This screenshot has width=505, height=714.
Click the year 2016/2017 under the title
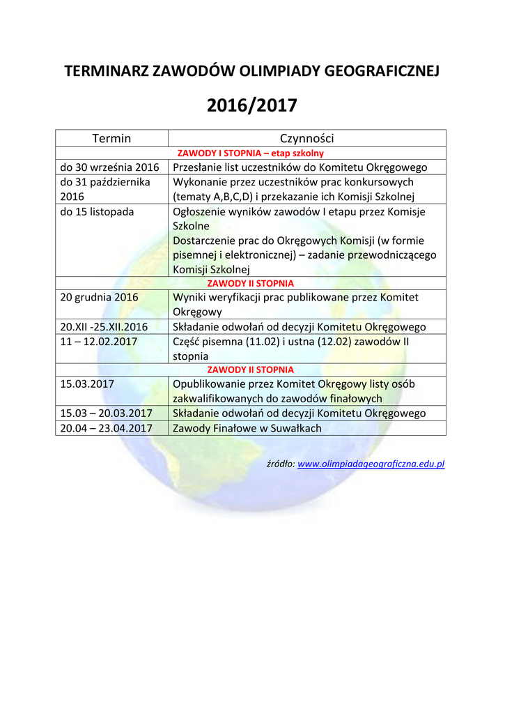point(252,105)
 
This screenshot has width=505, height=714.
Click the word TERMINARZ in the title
point(107,72)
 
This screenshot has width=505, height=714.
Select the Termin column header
point(111,138)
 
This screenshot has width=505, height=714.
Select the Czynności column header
point(306,138)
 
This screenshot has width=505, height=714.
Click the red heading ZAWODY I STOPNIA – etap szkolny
point(251,153)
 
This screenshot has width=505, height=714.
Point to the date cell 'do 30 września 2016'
point(110,167)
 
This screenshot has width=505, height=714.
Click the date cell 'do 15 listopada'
point(98,211)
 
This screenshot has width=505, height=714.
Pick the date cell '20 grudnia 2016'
point(100,297)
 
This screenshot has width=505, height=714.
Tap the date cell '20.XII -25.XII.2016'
point(104,327)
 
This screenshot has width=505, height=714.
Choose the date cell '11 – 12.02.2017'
point(99,342)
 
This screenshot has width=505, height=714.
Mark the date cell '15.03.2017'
point(87,383)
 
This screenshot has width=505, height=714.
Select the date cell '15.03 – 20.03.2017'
point(107,413)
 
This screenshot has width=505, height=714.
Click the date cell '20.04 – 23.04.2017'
point(107,428)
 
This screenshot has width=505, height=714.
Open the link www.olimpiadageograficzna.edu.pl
point(371,464)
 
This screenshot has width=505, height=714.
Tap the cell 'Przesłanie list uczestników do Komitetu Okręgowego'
point(300,167)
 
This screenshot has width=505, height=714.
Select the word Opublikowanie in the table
point(205,383)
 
